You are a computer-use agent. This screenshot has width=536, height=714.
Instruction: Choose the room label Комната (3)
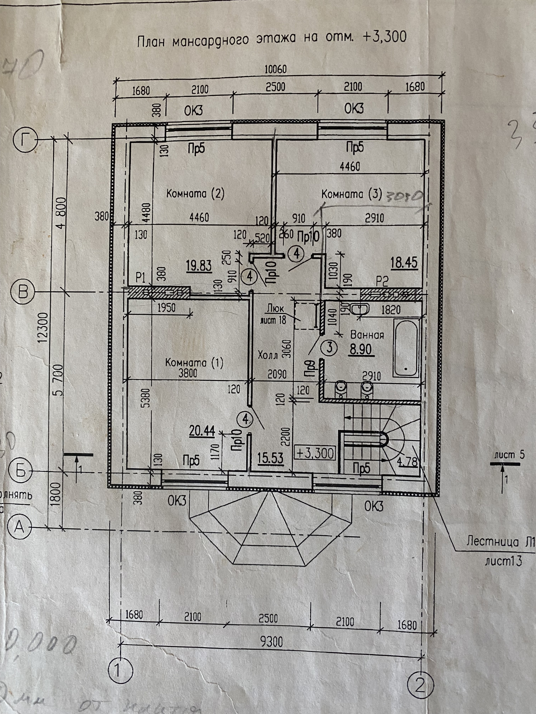tap(351, 194)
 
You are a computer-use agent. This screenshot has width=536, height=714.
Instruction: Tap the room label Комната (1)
tap(194, 363)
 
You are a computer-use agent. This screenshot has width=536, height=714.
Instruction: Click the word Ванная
tap(367, 335)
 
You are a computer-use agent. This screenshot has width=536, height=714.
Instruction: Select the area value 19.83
tap(199, 266)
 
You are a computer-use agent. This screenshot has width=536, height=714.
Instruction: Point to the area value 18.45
tap(404, 263)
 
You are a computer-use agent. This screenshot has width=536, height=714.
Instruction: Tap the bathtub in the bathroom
tap(406, 348)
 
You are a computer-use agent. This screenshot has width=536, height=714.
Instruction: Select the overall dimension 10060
tap(275, 69)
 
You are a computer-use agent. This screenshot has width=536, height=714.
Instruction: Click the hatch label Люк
tap(275, 309)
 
